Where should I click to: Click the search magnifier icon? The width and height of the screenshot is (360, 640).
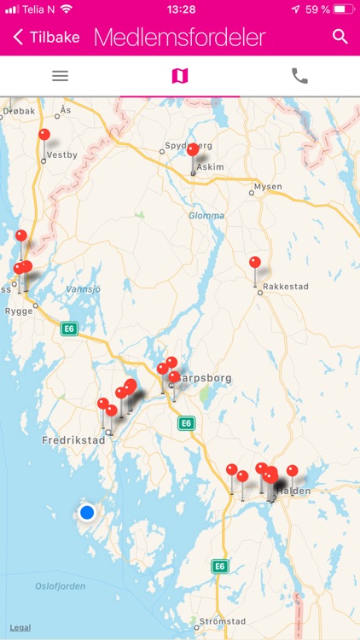click(x=340, y=37)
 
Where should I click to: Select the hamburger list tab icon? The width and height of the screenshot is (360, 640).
click(x=60, y=76)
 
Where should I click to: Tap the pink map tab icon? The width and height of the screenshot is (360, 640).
click(x=180, y=76)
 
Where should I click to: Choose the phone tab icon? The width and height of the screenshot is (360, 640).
click(x=299, y=76)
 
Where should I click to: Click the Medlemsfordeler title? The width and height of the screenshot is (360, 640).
click(x=179, y=38)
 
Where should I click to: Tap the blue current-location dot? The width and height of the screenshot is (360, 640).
click(x=87, y=512)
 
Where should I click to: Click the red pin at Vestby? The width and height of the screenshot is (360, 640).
click(x=44, y=135)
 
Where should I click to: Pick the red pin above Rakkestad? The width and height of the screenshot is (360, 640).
click(x=255, y=263)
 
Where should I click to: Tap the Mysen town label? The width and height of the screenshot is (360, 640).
click(x=268, y=186)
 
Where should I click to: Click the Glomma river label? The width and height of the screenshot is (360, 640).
click(x=206, y=216)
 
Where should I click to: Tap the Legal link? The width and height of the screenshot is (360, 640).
click(x=20, y=627)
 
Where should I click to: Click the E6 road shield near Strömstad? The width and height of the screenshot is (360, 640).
click(x=220, y=566)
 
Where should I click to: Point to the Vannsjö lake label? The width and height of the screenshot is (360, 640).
click(x=83, y=289)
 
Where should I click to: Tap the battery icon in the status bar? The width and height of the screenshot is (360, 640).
click(x=342, y=9)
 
